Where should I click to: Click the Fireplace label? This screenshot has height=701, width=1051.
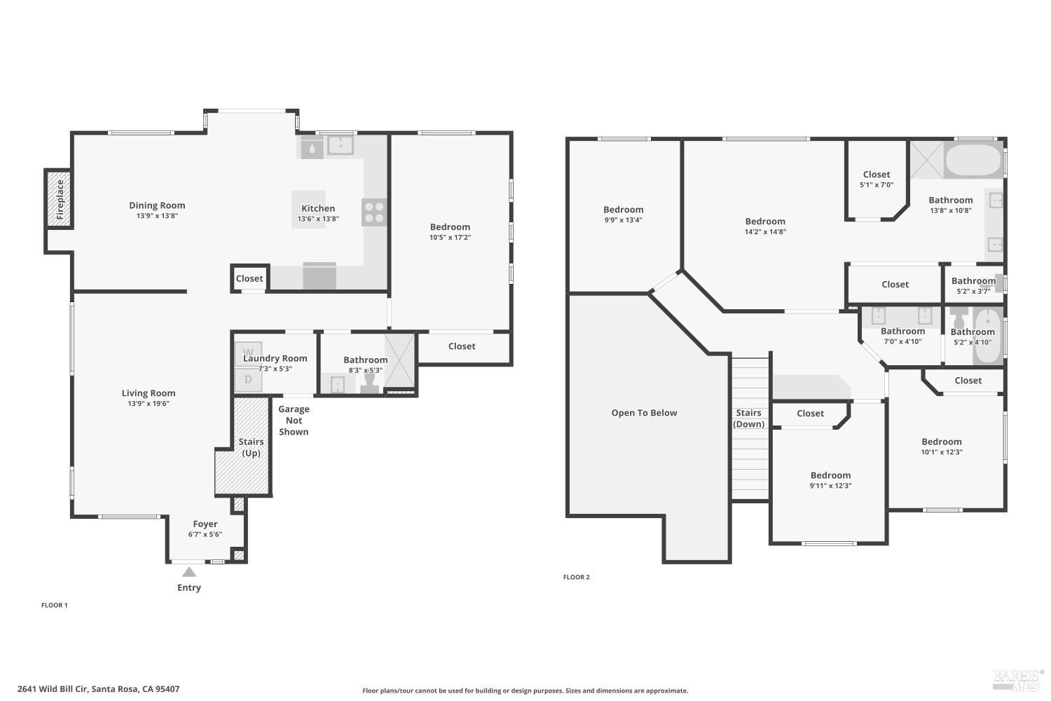60,200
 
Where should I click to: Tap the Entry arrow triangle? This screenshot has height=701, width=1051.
189,572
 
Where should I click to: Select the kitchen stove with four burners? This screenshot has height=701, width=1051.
374,212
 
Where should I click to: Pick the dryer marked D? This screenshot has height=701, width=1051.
248,379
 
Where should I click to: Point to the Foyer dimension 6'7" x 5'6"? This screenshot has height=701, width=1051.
205,534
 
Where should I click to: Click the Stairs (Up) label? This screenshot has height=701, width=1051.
251,447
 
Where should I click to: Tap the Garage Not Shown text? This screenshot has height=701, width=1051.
294,421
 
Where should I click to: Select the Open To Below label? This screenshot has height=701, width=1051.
644,413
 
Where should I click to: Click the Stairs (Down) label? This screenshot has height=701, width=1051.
748,418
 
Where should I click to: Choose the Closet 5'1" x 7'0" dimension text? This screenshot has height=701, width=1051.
877,185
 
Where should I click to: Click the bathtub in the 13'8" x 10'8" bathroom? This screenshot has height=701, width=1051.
974,160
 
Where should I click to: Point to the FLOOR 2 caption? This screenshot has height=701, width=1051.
576,577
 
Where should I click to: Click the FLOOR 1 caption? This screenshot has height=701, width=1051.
55,605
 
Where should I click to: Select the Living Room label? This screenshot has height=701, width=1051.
149,393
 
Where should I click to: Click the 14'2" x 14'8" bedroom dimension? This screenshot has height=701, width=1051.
765,232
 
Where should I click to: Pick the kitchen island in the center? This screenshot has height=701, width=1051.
308,210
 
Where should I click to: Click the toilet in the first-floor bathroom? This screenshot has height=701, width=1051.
369,383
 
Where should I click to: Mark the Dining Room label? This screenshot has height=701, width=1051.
157,205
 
